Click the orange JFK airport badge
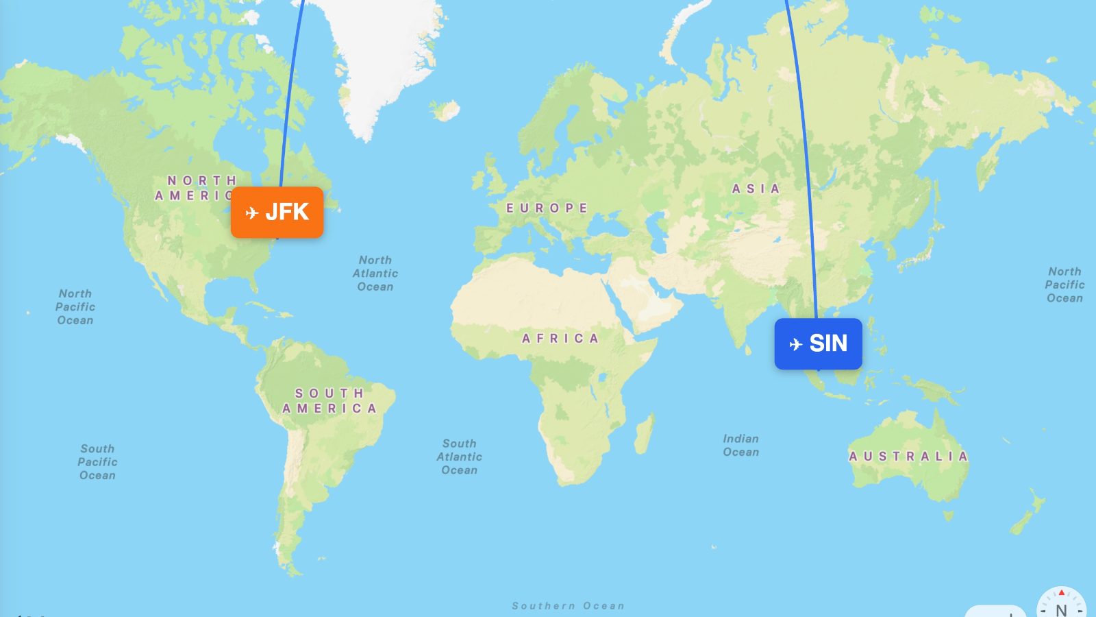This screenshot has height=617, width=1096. tap(277, 213)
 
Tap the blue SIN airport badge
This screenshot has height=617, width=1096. tap(818, 343)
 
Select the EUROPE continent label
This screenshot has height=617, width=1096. tap(547, 208)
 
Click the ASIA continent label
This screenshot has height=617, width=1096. tap(756, 189)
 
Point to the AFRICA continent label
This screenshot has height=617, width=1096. tap(560, 338)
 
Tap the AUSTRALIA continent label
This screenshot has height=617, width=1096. tap(908, 456)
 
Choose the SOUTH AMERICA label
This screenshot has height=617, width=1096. tap(329, 400)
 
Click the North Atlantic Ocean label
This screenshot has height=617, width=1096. tap(375, 273)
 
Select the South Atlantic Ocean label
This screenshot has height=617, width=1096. tap(460, 457)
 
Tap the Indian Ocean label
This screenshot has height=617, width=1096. tap(740, 445)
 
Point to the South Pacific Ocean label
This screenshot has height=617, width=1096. tap(97, 461)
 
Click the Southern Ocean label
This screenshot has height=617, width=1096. tap(568, 605)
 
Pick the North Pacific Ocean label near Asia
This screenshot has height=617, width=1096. tap(1064, 285)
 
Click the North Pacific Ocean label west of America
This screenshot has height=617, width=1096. tap(75, 306)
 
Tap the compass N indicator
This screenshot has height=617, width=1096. tap(1061, 606)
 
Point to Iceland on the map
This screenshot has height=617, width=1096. tap(446, 110)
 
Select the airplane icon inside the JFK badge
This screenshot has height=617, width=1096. tap(252, 213)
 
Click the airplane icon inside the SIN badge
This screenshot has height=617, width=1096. tap(795, 343)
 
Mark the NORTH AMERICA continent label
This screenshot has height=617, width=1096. tap(199, 188)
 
